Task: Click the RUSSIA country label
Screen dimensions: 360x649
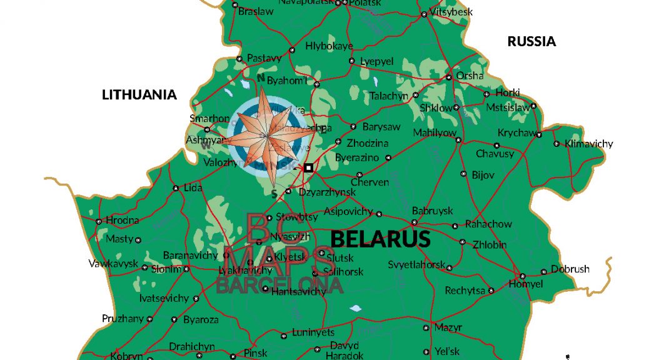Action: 531,42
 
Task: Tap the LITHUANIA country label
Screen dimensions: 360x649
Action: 139,95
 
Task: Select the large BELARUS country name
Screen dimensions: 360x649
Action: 380,239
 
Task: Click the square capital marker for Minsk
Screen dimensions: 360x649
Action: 308,167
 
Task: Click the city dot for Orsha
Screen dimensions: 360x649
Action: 448,77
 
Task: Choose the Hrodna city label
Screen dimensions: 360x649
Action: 123,220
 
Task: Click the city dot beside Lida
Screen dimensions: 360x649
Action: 176,187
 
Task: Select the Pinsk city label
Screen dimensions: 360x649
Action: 255,353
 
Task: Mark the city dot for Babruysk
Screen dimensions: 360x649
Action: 413,222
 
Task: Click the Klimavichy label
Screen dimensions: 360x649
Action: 588,144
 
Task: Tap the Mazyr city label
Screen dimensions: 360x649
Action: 448,327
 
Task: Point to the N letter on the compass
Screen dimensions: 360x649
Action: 261,78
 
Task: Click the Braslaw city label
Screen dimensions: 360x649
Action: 256,11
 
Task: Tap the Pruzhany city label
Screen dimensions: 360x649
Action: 123,319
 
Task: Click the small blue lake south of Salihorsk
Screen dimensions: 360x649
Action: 355,308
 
